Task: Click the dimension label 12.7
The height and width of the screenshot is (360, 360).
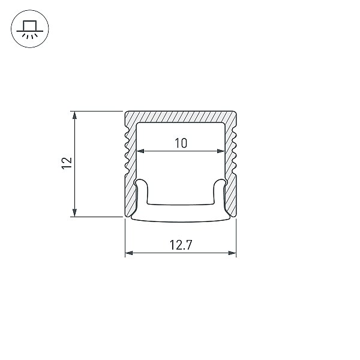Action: [x=181, y=245]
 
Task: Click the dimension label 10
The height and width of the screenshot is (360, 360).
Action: [x=181, y=143]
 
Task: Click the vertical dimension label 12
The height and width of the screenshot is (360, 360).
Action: [x=67, y=163]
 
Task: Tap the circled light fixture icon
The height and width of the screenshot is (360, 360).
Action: [x=30, y=29]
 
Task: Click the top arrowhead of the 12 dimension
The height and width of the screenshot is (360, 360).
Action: [x=74, y=115]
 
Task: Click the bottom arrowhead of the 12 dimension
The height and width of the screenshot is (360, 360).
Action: [x=74, y=212]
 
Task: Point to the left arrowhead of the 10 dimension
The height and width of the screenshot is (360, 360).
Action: [x=140, y=151]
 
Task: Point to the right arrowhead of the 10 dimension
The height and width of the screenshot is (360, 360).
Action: [x=221, y=151]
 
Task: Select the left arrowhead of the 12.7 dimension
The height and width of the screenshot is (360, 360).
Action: [x=129, y=253]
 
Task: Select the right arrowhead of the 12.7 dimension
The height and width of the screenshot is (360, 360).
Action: [x=232, y=253]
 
